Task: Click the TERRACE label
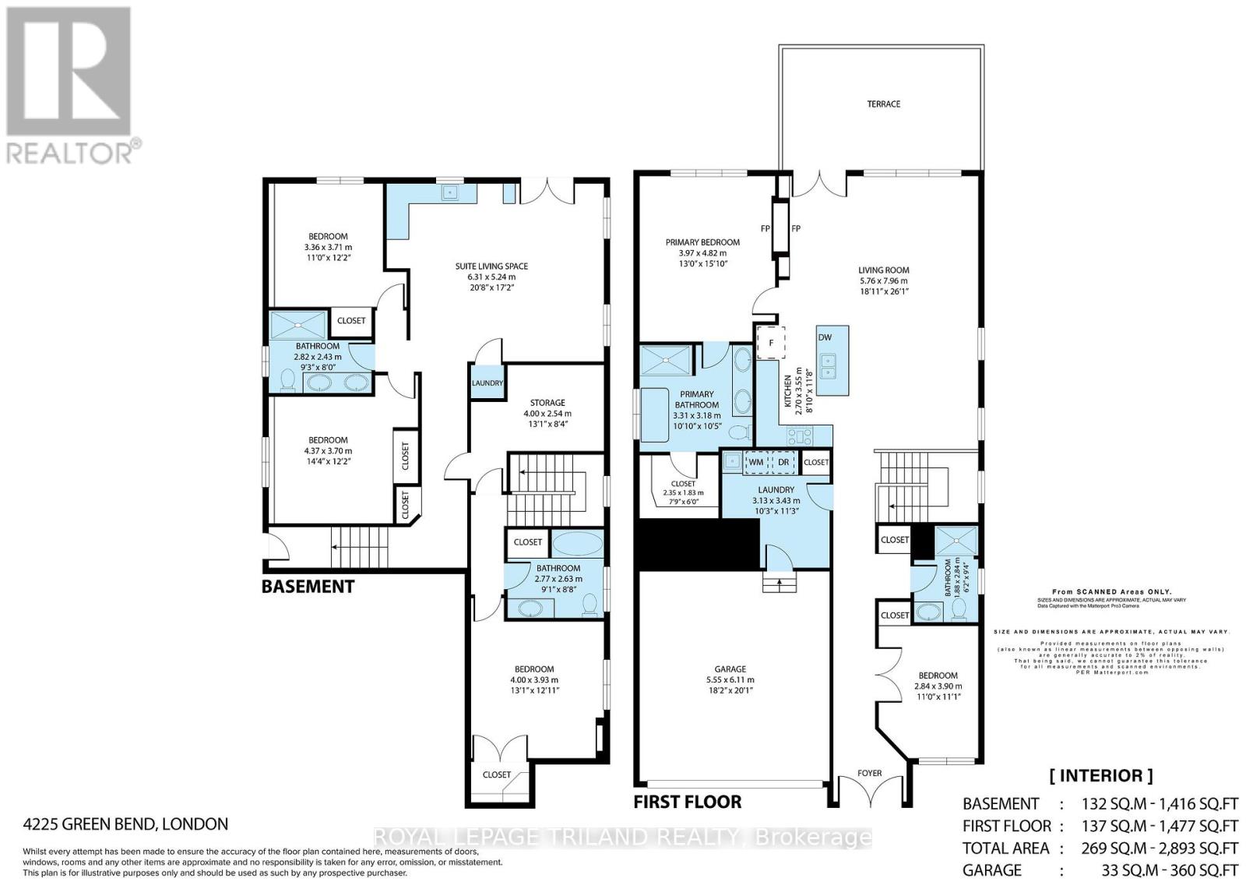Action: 883,104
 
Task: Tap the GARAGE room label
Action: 730,669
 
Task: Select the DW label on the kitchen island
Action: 825,337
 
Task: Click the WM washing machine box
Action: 755,462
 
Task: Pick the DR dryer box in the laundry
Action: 783,462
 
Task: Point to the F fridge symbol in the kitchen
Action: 771,342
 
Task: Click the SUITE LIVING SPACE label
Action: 491,266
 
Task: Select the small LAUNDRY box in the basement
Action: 487,383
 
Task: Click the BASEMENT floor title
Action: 308,587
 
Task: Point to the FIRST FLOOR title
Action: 687,802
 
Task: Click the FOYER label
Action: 869,773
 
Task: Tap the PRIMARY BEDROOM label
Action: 702,242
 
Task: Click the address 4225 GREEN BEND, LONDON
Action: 125,824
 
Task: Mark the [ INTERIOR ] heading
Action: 1101,775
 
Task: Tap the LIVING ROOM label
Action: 883,270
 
